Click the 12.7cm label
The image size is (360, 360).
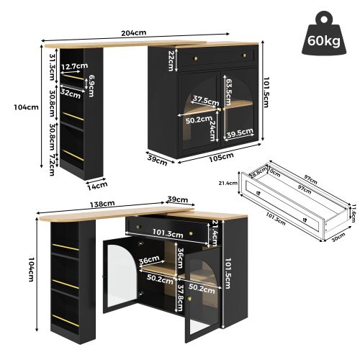[74, 66]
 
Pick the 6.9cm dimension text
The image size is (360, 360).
[91, 84]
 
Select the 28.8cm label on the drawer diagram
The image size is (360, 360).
[257, 174]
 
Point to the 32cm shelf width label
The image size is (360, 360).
[70, 92]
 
